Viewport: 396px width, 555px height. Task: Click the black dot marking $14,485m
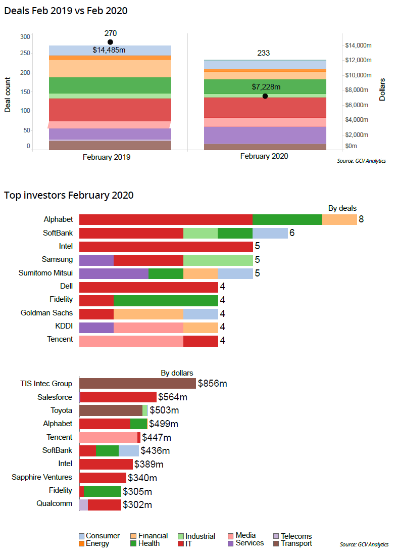(110, 42)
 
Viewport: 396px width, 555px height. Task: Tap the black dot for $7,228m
(265, 96)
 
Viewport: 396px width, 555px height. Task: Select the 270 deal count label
(111, 33)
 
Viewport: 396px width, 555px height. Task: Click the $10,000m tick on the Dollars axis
(358, 75)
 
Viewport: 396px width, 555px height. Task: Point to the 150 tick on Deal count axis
(25, 92)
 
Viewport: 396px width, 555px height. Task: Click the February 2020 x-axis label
(264, 156)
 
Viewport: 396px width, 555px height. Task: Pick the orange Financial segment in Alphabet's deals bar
(339, 219)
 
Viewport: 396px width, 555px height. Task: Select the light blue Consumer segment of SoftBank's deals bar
(270, 233)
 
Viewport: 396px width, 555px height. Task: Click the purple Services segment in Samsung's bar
(96, 260)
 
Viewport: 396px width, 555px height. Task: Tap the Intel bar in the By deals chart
(166, 247)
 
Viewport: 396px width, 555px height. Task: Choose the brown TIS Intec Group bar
(137, 384)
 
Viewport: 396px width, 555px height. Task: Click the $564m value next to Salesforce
(173, 397)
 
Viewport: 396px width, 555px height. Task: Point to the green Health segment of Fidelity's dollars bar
(103, 491)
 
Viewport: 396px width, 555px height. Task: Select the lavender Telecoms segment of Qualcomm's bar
(84, 504)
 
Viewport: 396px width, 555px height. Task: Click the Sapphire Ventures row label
(42, 477)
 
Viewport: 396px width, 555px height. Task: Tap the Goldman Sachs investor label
(46, 313)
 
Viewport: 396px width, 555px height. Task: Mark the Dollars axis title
(382, 89)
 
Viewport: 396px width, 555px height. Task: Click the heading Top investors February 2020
(69, 195)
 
